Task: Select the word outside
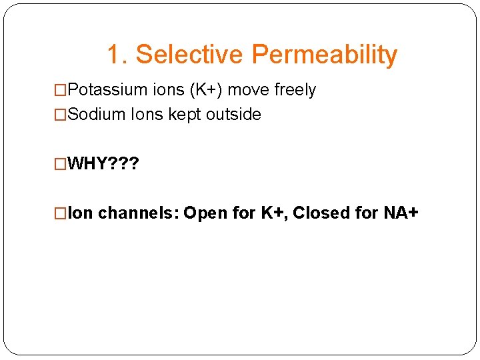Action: pyautogui.click(x=233, y=115)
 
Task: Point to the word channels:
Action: pyautogui.click(x=139, y=213)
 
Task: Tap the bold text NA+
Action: pyautogui.click(x=401, y=213)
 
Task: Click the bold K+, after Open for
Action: pyautogui.click(x=273, y=213)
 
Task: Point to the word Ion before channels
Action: pyautogui.click(x=81, y=213)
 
